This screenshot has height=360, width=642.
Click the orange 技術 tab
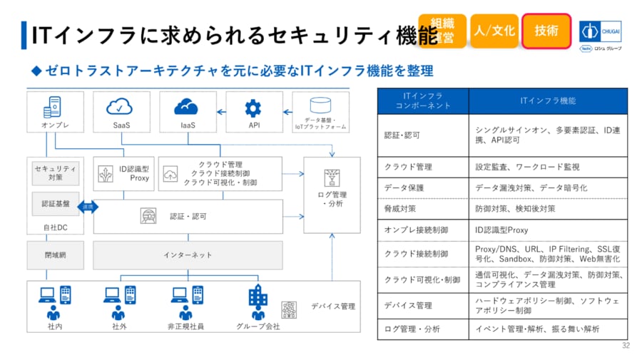(546, 31)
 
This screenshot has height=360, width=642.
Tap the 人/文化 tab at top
(494, 31)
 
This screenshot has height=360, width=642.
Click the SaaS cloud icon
(120, 107)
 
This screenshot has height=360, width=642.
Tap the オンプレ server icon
(51, 108)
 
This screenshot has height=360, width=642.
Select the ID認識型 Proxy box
(123, 173)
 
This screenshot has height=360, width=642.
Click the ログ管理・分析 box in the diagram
(331, 188)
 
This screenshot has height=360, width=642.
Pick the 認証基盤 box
(56, 204)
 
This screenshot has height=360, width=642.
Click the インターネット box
(187, 254)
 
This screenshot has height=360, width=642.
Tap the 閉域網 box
(55, 254)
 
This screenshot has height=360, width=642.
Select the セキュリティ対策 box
(56, 173)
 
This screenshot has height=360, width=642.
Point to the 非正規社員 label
(186, 326)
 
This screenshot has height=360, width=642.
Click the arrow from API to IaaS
(223, 111)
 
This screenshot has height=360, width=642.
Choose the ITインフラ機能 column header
(548, 101)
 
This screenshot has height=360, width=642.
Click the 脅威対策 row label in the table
(400, 209)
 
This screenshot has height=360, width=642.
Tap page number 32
(626, 346)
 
